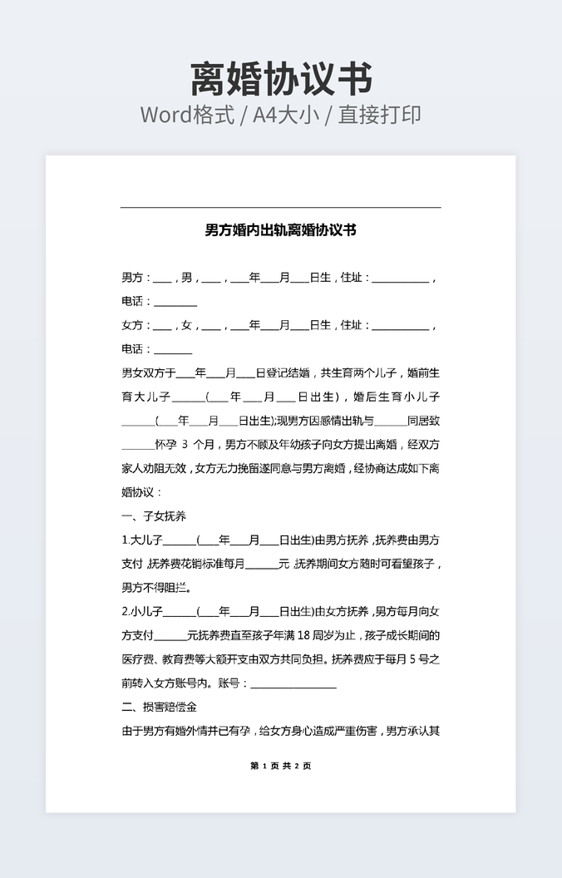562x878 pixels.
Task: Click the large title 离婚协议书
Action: (281, 78)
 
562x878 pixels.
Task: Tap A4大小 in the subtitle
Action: (287, 115)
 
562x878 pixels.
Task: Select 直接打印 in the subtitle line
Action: (379, 115)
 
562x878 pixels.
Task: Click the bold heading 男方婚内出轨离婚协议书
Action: (280, 229)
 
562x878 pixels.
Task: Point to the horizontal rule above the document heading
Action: (280, 207)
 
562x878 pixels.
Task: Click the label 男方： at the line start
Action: (136, 278)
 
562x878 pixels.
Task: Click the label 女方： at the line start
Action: (136, 325)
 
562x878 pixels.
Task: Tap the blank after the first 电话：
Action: (175, 303)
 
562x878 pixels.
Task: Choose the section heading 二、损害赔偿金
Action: (159, 708)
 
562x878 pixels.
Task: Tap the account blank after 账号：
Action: (293, 684)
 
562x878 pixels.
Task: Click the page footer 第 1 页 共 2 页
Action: (280, 766)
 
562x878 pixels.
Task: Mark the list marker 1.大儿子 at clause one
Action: (141, 540)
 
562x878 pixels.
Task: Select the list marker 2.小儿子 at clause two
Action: (142, 612)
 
